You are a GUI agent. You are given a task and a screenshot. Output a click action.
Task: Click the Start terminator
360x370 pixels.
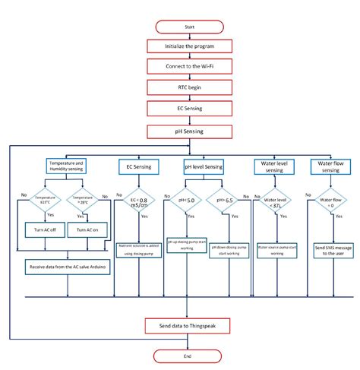[x=189, y=27]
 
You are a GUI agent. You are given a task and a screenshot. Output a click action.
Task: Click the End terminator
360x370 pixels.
[x=189, y=356]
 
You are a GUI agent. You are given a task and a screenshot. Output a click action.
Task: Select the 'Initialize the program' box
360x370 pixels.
[x=189, y=47]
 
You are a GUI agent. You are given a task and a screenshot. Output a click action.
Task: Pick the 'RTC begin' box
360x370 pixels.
[x=189, y=89]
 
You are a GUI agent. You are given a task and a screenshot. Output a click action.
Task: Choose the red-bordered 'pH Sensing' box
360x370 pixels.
[x=189, y=131]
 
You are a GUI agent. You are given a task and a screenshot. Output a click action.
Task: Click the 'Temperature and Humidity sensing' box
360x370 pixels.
[x=67, y=165]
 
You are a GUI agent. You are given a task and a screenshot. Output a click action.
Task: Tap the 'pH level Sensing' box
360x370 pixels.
[x=204, y=165]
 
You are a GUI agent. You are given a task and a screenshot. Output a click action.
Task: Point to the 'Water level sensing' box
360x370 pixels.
[x=271, y=165]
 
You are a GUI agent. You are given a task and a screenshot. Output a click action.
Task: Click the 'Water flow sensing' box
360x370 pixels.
[x=325, y=165]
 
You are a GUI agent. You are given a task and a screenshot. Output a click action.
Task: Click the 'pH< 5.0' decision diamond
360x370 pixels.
[x=185, y=201]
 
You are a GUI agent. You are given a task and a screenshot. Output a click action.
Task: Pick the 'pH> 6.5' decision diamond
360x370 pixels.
[x=224, y=201]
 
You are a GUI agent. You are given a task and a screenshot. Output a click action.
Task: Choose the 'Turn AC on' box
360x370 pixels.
[x=86, y=230]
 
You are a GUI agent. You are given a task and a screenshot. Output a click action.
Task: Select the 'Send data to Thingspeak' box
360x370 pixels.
[x=189, y=325]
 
